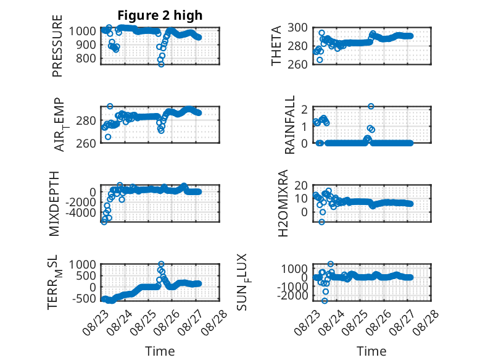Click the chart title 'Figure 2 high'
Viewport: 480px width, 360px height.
[160, 15]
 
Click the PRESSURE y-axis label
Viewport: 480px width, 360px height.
[57, 46]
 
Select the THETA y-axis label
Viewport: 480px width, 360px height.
[276, 46]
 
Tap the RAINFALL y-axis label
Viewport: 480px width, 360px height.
[289, 125]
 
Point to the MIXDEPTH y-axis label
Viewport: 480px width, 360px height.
[54, 204]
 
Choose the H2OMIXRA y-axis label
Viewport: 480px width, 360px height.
[283, 203]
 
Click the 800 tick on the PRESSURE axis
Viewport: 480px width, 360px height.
[86, 58]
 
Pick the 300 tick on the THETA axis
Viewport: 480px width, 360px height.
[297, 28]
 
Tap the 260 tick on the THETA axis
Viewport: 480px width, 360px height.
[297, 64]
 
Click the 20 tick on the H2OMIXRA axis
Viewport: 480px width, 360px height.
[300, 185]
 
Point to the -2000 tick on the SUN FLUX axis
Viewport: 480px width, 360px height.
[292, 296]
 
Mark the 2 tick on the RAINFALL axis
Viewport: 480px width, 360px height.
[304, 109]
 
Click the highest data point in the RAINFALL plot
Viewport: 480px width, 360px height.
[371, 106]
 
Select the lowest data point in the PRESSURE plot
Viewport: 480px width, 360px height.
[161, 64]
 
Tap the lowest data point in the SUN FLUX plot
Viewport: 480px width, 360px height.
[325, 301]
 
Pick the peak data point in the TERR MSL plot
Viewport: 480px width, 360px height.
[161, 264]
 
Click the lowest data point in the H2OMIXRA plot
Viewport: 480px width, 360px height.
[321, 222]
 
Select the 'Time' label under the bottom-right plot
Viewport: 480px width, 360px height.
[371, 351]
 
